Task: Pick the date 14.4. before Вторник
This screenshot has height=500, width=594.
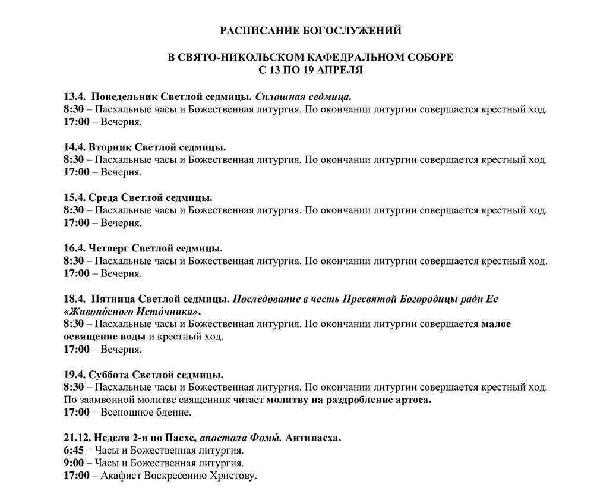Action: (74, 147)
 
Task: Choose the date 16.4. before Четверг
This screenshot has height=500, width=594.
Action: (74, 248)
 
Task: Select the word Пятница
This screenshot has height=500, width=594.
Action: (113, 298)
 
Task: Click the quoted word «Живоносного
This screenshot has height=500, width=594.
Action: (99, 311)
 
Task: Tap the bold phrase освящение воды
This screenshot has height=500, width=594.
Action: (105, 337)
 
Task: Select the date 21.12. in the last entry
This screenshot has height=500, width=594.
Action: (76, 438)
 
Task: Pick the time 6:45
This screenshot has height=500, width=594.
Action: (74, 451)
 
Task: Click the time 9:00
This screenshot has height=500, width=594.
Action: (74, 463)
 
